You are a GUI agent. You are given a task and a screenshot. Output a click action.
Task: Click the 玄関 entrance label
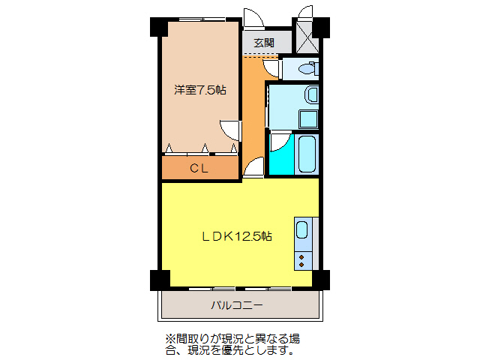coord(263,43)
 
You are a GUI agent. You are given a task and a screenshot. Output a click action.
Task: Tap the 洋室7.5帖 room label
coord(200,90)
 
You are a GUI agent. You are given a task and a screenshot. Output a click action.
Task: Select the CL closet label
coord(199,168)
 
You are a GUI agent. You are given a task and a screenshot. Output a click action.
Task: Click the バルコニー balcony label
coord(236,305)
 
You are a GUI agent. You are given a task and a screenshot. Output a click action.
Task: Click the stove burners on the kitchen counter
coord(302,259)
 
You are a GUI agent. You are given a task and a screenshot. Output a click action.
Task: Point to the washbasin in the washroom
coord(311,96)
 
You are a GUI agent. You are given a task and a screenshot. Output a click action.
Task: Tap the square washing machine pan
coord(308,118)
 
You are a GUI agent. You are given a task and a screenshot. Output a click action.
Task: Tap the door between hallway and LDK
coord(254,168)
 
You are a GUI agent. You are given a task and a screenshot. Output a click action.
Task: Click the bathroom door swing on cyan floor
coord(278,142)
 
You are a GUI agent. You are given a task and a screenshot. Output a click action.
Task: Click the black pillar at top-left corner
coord(158,27)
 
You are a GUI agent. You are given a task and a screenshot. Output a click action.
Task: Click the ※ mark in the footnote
coord(169,337)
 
